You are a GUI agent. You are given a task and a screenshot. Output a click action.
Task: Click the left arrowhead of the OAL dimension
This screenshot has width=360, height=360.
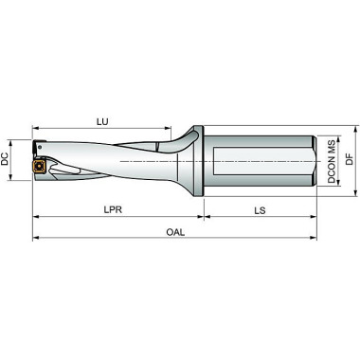(37, 240)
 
